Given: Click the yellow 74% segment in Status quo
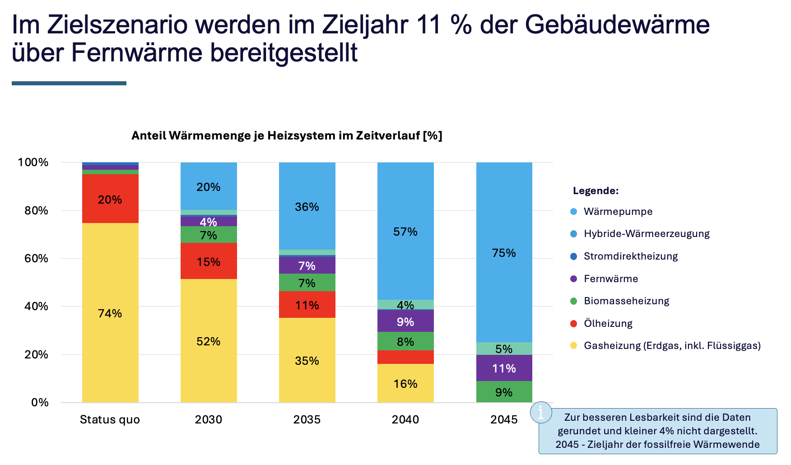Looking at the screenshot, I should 110,313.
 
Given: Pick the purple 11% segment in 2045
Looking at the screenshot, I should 504,368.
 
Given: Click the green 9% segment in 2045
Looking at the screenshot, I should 504,392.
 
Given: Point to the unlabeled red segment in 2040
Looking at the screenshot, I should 405,357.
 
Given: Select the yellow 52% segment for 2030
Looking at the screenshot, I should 209,341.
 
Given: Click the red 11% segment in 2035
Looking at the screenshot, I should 307,305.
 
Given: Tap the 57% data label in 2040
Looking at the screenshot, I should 405,232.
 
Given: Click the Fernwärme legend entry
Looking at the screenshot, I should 610,279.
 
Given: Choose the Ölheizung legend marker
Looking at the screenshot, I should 574,323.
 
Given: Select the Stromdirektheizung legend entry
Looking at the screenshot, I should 630,256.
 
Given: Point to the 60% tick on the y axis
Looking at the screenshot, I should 36,258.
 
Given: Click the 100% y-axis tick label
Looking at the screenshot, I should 33,162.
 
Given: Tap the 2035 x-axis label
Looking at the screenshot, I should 307,419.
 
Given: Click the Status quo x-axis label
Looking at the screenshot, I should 110,419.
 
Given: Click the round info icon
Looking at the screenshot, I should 541,412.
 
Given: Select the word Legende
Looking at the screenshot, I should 596,191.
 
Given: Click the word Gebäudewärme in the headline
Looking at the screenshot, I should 617,24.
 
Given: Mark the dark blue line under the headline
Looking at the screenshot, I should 69,83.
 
